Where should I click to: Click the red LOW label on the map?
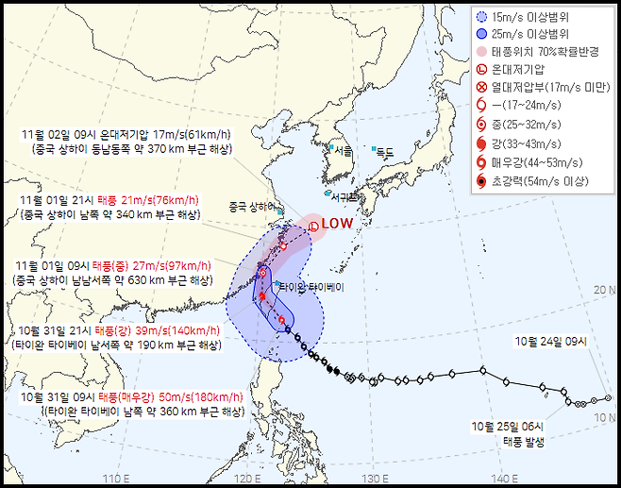[336, 224]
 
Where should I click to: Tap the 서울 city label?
[343, 151]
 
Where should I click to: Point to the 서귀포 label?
[346, 197]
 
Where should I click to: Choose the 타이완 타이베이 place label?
[312, 287]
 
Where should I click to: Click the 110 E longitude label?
[115, 477]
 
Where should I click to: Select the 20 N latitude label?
[605, 290]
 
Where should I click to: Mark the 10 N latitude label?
[605, 416]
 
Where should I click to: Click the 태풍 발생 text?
[500, 440]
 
